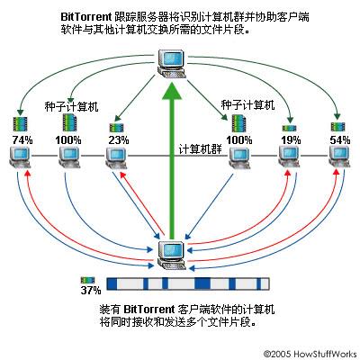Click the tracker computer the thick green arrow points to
pos(172,60)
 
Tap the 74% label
pos(20,139)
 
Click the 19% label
pos(290,139)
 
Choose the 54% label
pos(339,139)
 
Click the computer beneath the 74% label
pos(20,160)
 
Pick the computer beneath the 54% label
pos(339,160)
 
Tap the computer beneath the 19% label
pos(290,160)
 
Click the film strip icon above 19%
pos(290,126)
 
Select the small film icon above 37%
pos(88,280)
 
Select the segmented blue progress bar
pos(190,283)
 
